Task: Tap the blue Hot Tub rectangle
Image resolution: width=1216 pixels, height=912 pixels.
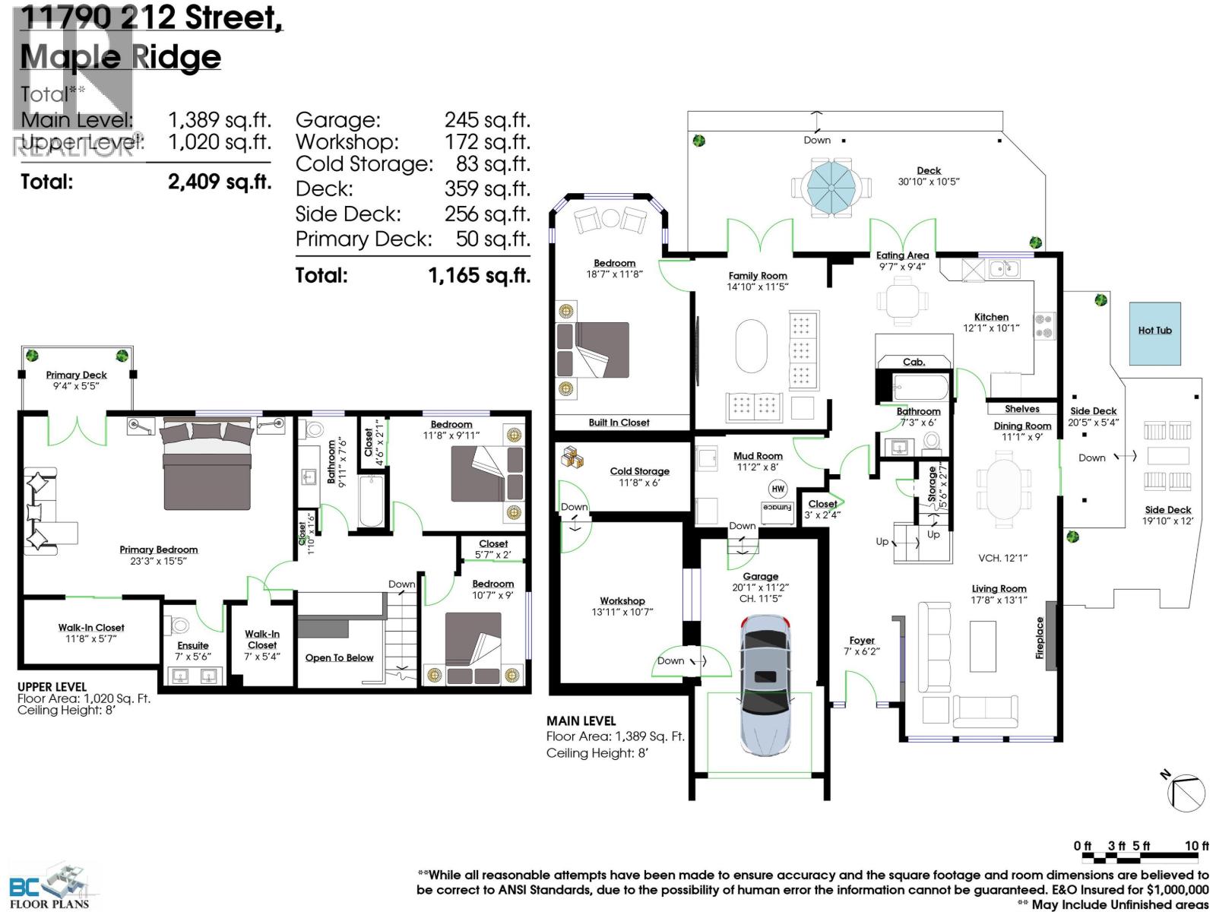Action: coord(1154,332)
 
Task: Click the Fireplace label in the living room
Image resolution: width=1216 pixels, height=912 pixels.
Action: coord(1040,637)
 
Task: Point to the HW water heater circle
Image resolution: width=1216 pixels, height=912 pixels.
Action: coord(777,489)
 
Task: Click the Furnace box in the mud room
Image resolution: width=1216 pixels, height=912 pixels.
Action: coord(777,508)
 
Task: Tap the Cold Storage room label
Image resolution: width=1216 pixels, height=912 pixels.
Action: coord(639,471)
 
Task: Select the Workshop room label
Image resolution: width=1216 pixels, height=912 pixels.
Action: coord(622,600)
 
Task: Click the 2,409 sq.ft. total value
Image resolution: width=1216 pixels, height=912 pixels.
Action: coord(219,182)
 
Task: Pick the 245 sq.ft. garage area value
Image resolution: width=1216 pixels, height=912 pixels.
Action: coord(486,120)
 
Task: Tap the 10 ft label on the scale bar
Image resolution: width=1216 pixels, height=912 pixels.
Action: coord(1196,846)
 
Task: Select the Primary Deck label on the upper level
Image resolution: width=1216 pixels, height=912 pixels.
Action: coord(76,375)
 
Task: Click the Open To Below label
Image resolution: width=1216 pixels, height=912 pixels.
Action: coord(339,657)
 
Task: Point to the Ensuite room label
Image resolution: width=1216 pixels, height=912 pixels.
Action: coord(192,645)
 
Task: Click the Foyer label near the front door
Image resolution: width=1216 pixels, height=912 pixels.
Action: coord(862,640)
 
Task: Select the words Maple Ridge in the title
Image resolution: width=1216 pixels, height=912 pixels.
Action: coord(120,57)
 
